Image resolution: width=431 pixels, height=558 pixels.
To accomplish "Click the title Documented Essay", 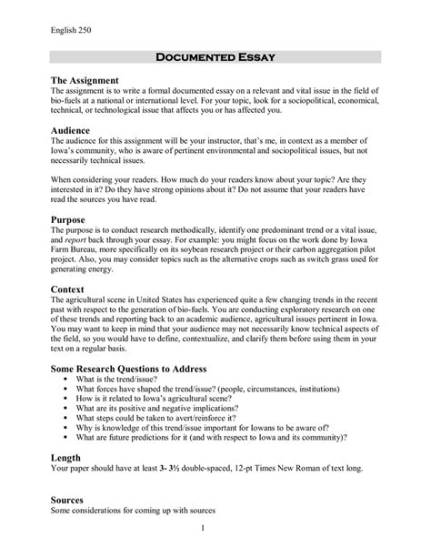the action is point(215,57).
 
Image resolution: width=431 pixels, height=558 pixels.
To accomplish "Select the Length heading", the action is point(67,457).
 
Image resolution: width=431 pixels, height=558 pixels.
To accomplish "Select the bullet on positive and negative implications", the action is point(179,409).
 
